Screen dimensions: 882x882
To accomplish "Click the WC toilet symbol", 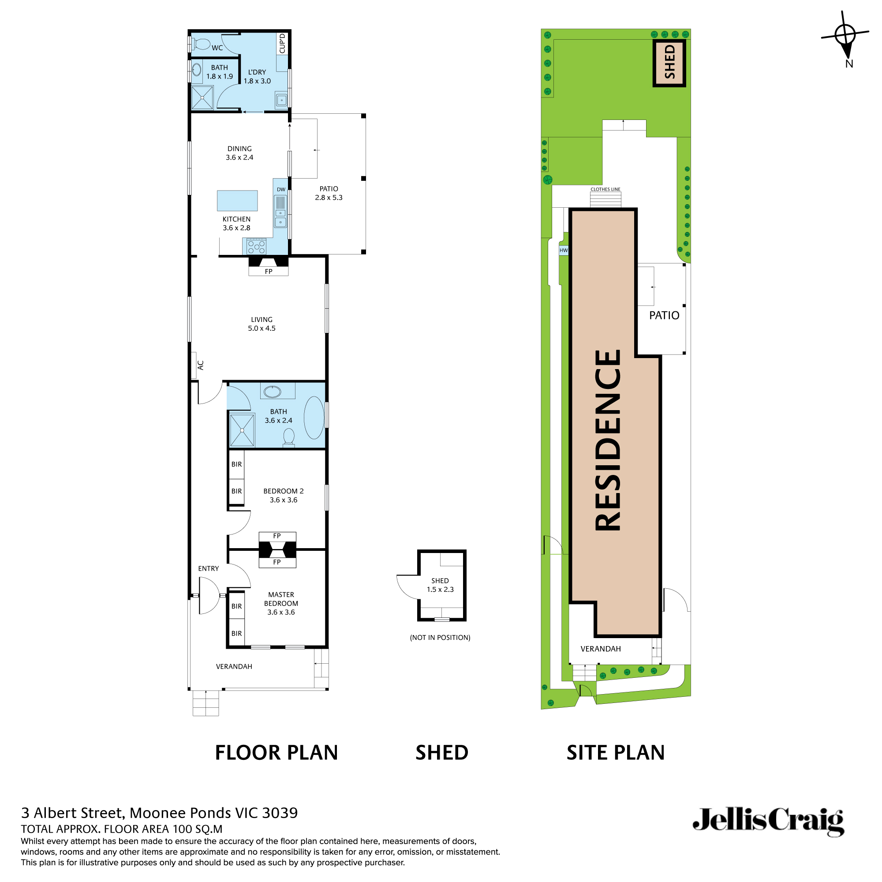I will coord(200,44).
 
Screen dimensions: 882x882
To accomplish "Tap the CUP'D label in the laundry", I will coord(282,43).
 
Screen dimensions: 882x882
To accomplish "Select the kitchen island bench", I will coord(237,201).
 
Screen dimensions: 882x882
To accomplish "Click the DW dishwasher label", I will coord(281,190).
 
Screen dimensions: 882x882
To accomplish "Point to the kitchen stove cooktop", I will coord(256,247).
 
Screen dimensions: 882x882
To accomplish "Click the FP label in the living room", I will coord(269,271).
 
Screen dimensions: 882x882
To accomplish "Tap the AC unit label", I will coord(200,365).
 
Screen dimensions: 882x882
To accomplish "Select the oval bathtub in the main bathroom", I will coord(314,418).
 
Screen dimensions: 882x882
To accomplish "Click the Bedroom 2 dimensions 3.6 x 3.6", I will coord(283,500).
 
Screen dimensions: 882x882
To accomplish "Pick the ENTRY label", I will coord(208,568).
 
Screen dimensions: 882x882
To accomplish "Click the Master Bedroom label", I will coord(281,598).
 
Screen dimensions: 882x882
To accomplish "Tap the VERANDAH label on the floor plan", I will coord(234,666).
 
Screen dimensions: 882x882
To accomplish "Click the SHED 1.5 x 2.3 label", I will coord(440,585).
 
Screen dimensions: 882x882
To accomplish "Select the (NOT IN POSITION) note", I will coord(440,637).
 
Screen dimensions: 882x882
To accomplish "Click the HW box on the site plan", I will coord(564,250).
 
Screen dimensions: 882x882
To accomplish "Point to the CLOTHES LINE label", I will coord(605,189).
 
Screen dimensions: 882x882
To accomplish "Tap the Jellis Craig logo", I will coord(768,822).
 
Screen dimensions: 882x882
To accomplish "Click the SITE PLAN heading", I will coord(615,752).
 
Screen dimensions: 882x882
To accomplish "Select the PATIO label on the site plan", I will coord(664,315).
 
